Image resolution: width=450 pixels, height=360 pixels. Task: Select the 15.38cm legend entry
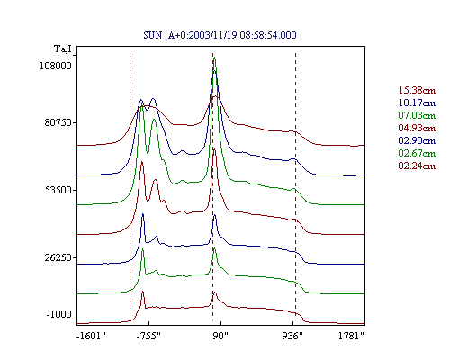(x=417, y=90)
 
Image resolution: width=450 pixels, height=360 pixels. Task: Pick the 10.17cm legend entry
(x=417, y=103)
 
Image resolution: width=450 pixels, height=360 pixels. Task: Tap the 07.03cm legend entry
(x=417, y=115)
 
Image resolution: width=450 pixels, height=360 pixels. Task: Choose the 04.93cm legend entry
(x=417, y=128)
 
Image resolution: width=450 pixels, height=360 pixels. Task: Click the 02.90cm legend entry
(x=417, y=140)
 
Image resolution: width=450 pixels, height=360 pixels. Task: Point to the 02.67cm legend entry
(x=417, y=153)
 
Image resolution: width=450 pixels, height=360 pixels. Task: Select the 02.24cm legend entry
(x=417, y=166)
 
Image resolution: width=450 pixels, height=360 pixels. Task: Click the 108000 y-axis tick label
(x=56, y=66)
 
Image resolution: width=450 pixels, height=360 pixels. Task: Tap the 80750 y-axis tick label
(x=58, y=122)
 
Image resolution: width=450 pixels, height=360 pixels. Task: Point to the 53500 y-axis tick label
(x=58, y=190)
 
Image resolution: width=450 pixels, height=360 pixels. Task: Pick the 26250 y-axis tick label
(x=58, y=257)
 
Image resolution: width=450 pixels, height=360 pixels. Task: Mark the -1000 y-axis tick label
(x=59, y=314)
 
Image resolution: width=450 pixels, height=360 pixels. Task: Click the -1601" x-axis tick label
(x=92, y=336)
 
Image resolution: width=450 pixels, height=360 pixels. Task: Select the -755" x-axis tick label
(x=148, y=336)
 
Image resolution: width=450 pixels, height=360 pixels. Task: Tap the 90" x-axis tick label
(x=220, y=336)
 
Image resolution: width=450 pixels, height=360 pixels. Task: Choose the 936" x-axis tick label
(x=292, y=336)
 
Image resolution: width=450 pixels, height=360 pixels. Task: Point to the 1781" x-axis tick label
(x=351, y=336)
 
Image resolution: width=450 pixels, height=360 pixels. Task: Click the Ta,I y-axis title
(x=63, y=49)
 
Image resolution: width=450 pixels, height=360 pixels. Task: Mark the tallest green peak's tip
(x=214, y=58)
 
